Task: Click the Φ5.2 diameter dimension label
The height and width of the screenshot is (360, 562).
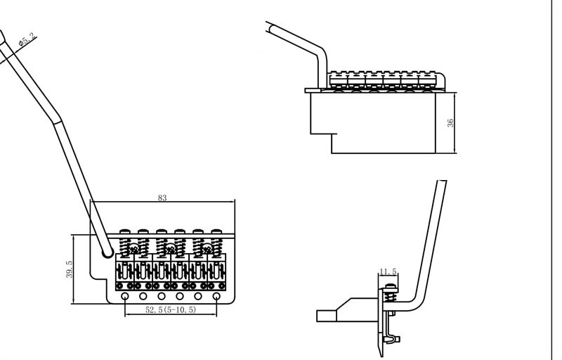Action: [27, 39]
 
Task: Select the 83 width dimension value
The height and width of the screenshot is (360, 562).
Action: [162, 198]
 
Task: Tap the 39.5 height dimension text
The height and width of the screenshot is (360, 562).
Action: [69, 269]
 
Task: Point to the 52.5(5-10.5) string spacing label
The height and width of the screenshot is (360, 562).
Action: [171, 309]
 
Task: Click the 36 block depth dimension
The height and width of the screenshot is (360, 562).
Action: [450, 122]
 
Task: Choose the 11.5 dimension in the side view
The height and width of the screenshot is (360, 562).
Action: [388, 271]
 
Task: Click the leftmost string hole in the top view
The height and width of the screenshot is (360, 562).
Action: [125, 297]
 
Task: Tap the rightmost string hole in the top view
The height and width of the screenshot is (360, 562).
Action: [216, 297]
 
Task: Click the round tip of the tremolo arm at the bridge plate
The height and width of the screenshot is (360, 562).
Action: [107, 253]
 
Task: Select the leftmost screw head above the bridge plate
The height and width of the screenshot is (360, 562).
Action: [125, 231]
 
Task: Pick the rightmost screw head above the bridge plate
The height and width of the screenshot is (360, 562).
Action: [216, 231]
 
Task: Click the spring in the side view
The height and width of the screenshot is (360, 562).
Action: [391, 295]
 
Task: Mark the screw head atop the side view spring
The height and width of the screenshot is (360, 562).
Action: [391, 286]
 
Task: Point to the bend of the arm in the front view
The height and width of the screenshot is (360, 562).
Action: [322, 51]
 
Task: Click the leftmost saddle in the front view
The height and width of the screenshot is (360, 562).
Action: [339, 79]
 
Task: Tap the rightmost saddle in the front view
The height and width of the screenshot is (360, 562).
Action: [427, 79]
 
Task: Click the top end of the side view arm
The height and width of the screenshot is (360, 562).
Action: [442, 181]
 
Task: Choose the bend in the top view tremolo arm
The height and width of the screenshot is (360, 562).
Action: [58, 120]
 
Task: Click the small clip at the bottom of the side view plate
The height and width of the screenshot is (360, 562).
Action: [393, 338]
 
